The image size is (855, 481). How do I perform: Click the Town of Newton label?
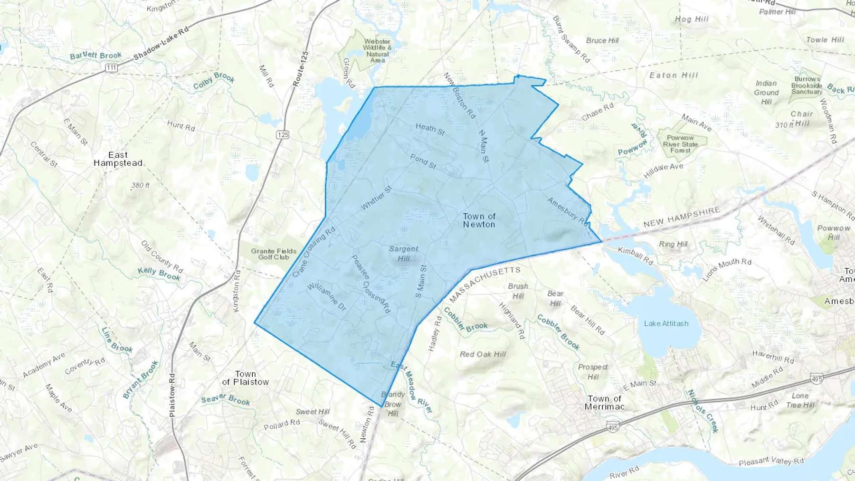[479, 220]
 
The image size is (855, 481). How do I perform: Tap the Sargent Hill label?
[404, 254]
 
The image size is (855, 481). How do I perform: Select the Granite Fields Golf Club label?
[274, 254]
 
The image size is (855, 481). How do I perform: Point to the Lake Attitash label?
[666, 323]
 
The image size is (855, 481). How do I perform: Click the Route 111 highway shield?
[111, 67]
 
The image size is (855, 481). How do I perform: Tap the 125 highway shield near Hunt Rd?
[283, 135]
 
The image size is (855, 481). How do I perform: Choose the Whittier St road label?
[376, 198]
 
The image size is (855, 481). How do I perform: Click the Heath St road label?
[430, 129]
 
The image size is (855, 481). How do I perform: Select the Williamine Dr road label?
[327, 296]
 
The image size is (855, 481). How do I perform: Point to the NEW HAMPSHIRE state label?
[682, 217]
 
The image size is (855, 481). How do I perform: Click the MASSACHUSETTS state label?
[484, 284]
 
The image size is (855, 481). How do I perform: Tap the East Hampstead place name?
[118, 159]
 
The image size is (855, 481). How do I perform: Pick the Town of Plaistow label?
[245, 378]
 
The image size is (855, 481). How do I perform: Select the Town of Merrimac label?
[604, 403]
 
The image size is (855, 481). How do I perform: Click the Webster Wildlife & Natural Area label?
[377, 51]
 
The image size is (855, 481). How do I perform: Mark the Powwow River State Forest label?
[680, 144]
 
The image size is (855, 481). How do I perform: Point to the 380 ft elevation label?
[140, 185]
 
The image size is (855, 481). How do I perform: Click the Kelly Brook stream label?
[159, 274]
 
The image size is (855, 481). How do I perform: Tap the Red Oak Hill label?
[483, 354]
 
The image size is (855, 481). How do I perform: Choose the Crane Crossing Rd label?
[313, 252]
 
